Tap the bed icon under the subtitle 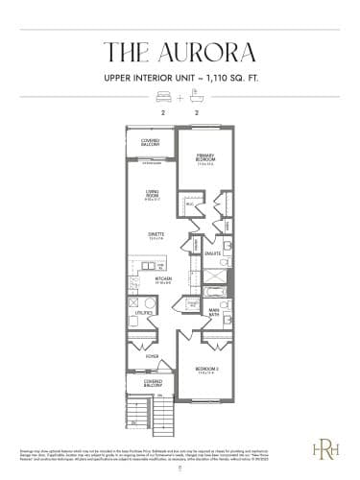162,97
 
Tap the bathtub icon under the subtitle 197,97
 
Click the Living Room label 151,194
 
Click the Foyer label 152,356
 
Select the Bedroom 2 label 208,370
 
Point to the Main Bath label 214,309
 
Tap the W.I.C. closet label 190,204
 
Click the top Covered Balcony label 150,143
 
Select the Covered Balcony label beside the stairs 153,383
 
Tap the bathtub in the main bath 216,289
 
